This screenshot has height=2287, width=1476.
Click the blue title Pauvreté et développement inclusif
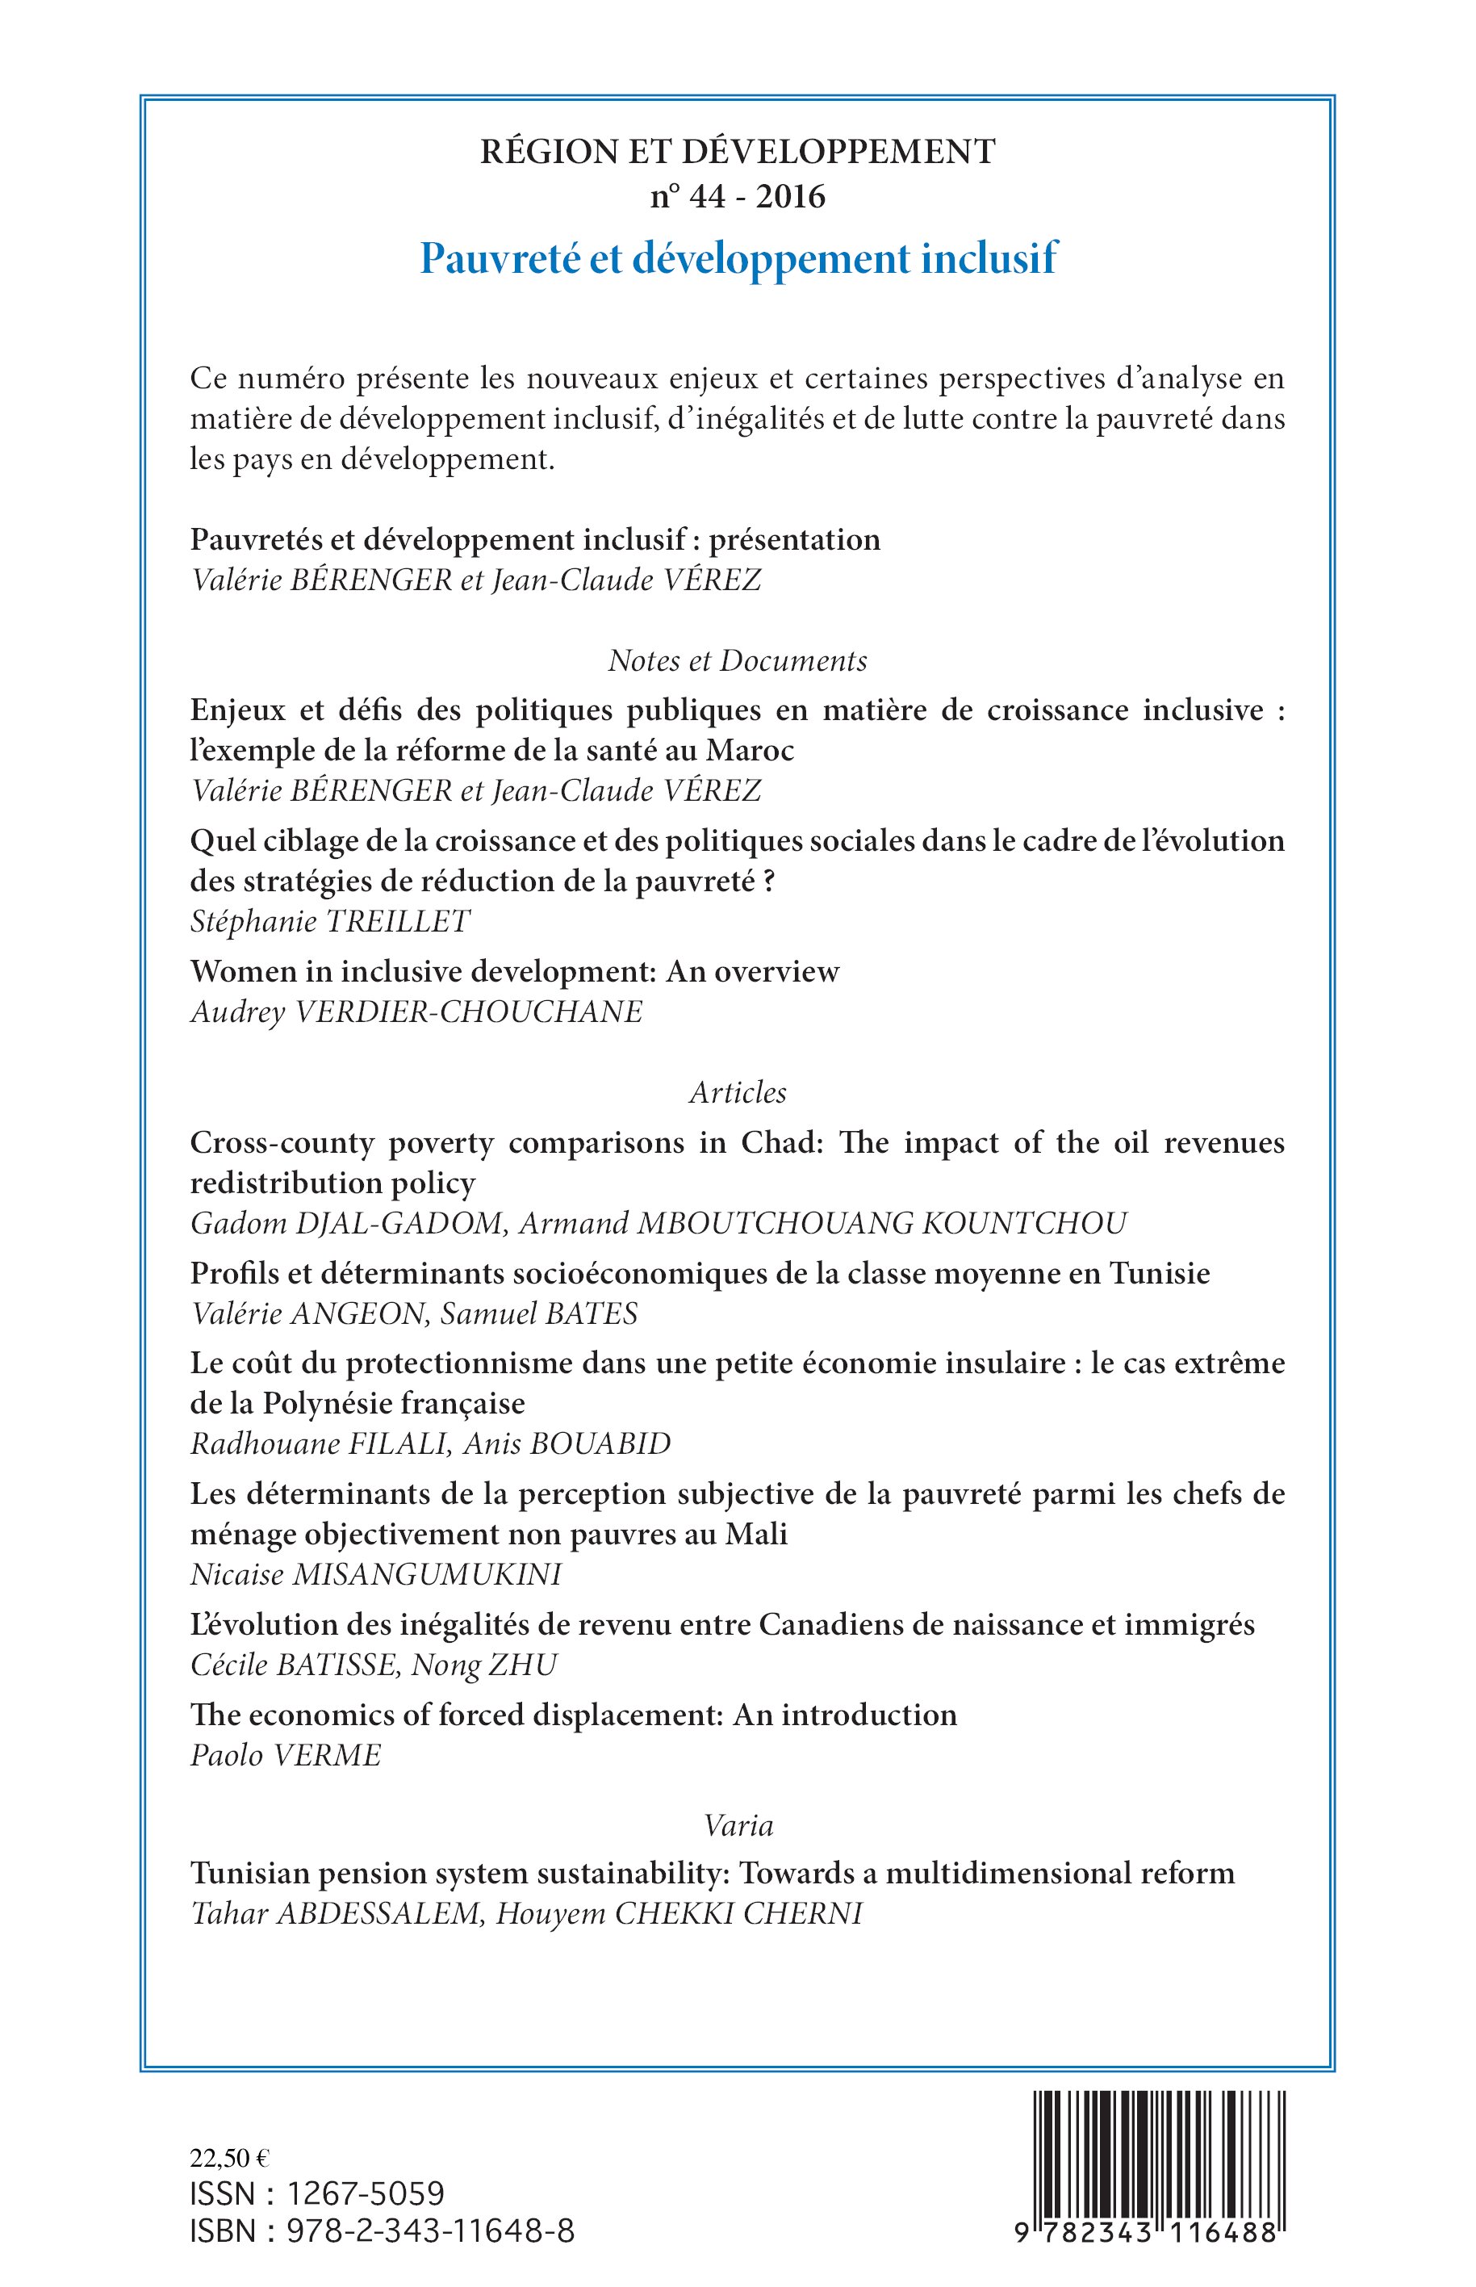pos(738,259)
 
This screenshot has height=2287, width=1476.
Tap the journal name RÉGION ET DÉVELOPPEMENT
pos(738,152)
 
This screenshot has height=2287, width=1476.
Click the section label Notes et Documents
pos(738,660)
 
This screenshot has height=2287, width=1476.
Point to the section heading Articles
pos(738,1093)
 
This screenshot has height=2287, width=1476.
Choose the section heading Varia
pos(738,1825)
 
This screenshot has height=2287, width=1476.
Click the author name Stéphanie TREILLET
pos(331,921)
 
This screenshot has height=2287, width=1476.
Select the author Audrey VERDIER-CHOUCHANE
pos(417,1012)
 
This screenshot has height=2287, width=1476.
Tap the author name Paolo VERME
pos(286,1755)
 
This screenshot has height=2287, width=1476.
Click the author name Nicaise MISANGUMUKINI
pos(376,1575)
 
